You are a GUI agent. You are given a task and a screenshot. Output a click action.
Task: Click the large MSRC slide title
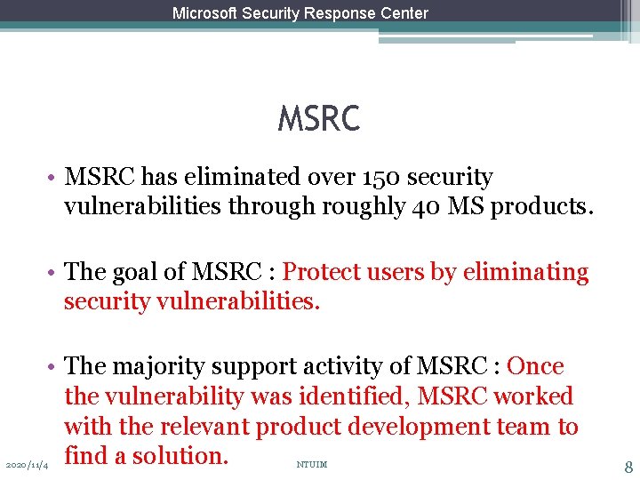coord(319,119)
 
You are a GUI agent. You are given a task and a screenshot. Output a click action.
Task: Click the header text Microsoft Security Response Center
coord(300,13)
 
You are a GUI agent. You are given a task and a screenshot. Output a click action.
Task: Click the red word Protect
coord(323,272)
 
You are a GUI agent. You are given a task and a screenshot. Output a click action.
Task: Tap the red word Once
coord(535,366)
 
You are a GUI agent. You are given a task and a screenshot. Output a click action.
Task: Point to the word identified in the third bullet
coord(356,396)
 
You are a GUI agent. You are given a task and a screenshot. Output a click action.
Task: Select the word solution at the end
coord(183,456)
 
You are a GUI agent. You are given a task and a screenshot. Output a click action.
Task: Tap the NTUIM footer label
coord(311,464)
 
